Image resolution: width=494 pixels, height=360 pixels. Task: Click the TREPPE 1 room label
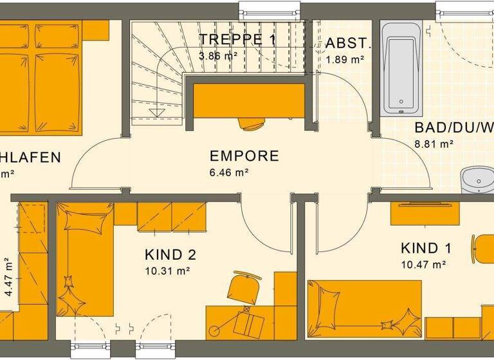tap(237, 40)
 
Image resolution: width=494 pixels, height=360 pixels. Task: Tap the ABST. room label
tap(348, 44)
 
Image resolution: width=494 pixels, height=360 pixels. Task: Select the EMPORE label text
tap(244, 156)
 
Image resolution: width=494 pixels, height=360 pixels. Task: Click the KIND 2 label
tap(170, 255)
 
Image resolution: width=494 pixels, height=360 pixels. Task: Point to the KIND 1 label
tap(426, 249)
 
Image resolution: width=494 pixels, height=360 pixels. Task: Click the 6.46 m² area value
tap(228, 172)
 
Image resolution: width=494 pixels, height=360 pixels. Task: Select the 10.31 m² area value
tap(167, 271)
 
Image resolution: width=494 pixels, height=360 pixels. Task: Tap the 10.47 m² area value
tap(423, 265)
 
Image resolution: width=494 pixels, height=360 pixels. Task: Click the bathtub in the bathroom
tap(401, 67)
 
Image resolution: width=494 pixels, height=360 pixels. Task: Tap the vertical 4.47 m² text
tap(8, 276)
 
